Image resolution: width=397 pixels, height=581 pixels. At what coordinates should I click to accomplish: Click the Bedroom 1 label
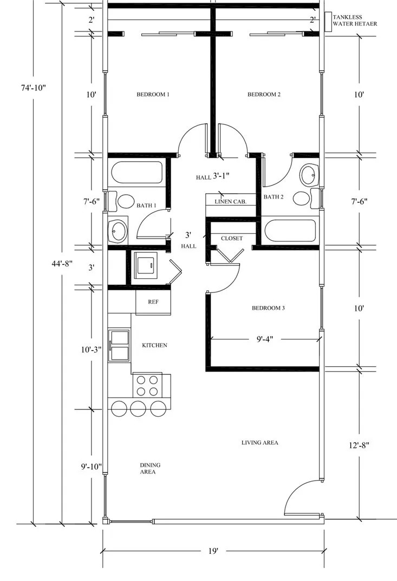[x=153, y=94]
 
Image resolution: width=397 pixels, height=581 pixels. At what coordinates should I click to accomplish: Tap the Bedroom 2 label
[x=264, y=94]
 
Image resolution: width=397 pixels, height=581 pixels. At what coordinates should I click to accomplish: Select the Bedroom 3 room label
[x=268, y=308]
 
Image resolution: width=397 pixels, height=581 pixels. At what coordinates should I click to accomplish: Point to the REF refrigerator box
[x=153, y=302]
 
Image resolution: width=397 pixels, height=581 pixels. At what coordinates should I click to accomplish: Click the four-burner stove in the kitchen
[x=147, y=386]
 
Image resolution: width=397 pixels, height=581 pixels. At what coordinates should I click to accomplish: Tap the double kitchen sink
[x=119, y=346]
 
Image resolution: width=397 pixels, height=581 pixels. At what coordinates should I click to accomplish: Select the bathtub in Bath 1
[x=137, y=173]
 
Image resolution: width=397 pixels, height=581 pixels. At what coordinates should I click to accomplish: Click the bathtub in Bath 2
[x=291, y=231]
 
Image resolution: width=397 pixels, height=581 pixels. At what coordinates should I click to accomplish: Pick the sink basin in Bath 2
[x=309, y=175]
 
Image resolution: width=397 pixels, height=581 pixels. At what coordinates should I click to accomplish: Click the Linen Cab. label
[x=231, y=202]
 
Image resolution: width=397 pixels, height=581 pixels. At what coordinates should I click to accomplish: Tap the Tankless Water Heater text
[x=354, y=21]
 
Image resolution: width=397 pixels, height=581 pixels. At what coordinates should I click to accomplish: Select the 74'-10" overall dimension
[x=33, y=88]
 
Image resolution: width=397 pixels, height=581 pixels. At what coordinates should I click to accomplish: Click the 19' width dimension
[x=213, y=551]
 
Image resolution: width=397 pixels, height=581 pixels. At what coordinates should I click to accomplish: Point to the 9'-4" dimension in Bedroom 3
[x=265, y=339]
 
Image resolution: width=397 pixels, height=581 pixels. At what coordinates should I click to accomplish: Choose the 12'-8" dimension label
[x=359, y=445]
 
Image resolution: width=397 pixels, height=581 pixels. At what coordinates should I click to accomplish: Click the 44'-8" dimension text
[x=62, y=264]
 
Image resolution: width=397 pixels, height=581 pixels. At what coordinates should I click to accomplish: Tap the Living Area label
[x=260, y=443]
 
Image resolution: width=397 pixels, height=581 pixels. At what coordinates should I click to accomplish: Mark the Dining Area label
[x=150, y=468]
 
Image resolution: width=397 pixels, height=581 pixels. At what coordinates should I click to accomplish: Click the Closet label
[x=232, y=238]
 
